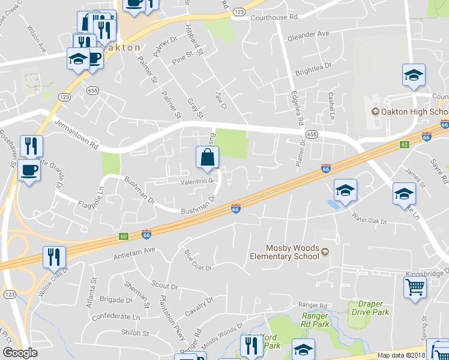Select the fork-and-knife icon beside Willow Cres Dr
(x=54, y=257)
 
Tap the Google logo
(x=20, y=353)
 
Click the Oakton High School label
(x=414, y=112)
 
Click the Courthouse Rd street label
(x=273, y=17)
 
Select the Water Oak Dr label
(x=369, y=218)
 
